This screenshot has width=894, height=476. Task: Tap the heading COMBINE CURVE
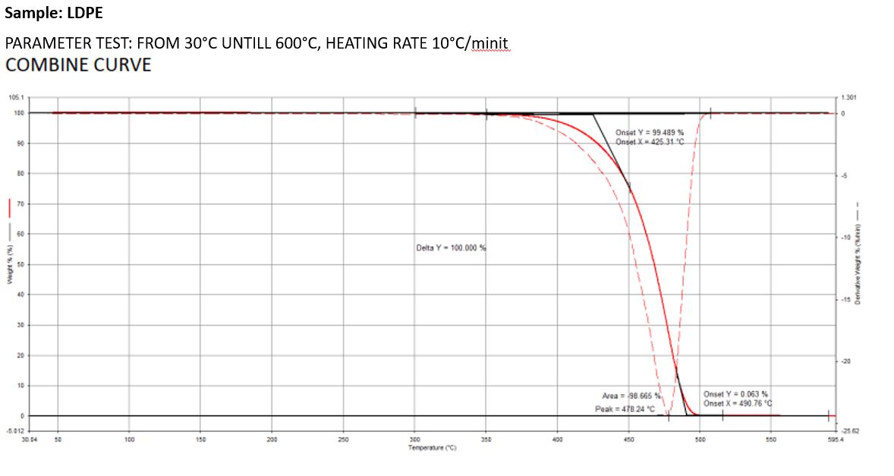pyautogui.click(x=78, y=65)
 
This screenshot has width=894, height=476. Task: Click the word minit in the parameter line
pyautogui.click(x=491, y=43)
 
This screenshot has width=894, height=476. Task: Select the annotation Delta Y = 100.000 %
pyautogui.click(x=451, y=248)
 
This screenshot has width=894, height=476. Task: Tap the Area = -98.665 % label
pyautogui.click(x=631, y=396)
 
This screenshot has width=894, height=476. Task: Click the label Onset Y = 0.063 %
pyautogui.click(x=735, y=394)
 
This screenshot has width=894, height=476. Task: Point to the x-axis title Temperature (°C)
pyautogui.click(x=431, y=448)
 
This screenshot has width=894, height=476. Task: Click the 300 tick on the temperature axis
pyautogui.click(x=414, y=440)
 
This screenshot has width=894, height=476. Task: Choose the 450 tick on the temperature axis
pyautogui.click(x=628, y=440)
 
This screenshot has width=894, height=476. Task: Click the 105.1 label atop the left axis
pyautogui.click(x=16, y=97)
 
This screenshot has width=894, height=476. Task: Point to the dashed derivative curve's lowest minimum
pyautogui.click(x=668, y=417)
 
